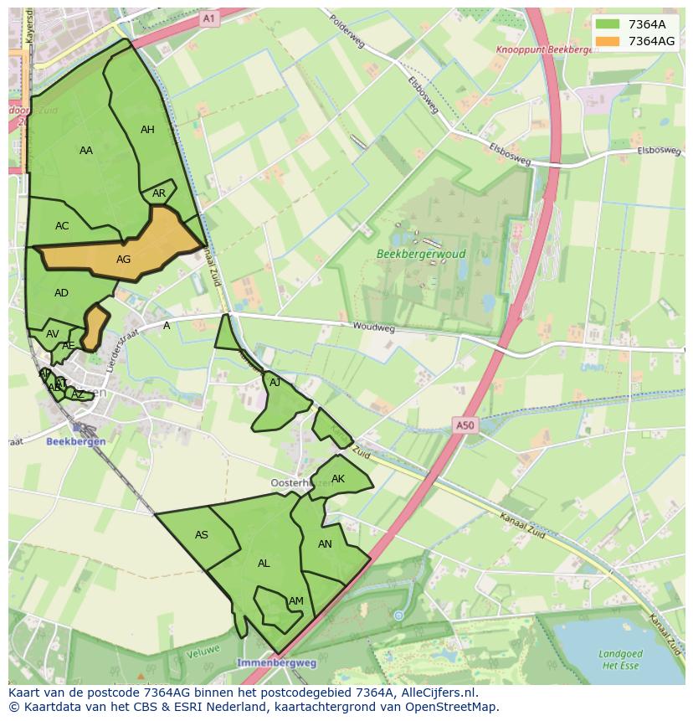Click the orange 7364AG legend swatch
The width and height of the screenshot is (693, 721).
(608, 41)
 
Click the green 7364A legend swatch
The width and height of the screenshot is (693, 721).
(608, 24)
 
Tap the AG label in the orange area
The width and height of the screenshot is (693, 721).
(123, 260)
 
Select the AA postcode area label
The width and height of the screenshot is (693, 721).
(86, 151)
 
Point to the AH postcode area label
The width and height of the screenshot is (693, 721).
(147, 130)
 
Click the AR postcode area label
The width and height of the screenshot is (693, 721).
(159, 193)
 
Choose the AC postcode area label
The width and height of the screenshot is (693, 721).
(62, 226)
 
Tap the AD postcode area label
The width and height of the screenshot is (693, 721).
(61, 293)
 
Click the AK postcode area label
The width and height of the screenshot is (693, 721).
(338, 480)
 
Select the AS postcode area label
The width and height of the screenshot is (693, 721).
(202, 535)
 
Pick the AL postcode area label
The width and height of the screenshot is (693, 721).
(264, 564)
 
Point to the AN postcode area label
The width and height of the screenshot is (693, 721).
(325, 544)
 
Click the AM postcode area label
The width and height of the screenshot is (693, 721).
(296, 601)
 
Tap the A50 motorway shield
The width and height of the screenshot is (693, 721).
(465, 425)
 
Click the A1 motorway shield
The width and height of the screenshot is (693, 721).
(208, 18)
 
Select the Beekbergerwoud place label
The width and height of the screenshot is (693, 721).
(421, 254)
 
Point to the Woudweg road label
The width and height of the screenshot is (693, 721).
(373, 327)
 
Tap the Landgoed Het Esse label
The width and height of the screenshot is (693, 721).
(620, 660)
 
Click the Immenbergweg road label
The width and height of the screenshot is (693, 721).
(276, 662)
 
